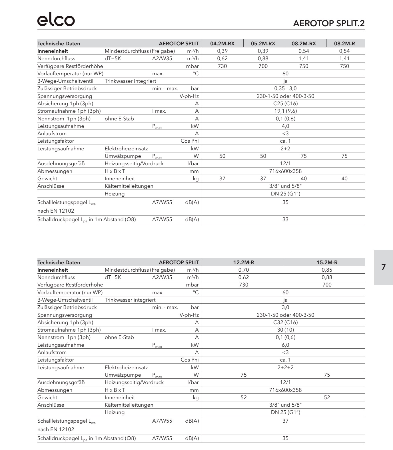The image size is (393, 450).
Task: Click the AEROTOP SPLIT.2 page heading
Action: pyautogui.click(x=329, y=23)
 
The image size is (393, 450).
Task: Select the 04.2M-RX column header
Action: pyautogui.click(x=222, y=44)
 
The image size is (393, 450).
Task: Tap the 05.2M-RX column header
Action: pyautogui.click(x=263, y=44)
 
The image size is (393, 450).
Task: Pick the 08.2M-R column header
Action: pyautogui.click(x=344, y=44)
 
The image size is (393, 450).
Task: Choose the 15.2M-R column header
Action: pyautogui.click(x=327, y=263)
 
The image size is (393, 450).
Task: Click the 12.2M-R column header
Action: pyautogui.click(x=244, y=263)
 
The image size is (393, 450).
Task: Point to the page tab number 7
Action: pyautogui.click(x=383, y=267)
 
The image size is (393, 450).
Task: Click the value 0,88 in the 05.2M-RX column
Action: pyautogui.click(x=263, y=58)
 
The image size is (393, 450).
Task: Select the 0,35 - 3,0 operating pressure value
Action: pyautogui.click(x=285, y=88)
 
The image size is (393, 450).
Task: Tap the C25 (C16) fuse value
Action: pyautogui.click(x=285, y=104)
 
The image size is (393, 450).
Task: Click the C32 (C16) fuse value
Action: pyautogui.click(x=285, y=322)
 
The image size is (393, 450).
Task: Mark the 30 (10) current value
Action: pyautogui.click(x=285, y=330)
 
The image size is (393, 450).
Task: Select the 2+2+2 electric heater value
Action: pyautogui.click(x=285, y=368)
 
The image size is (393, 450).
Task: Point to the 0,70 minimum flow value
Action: pyautogui.click(x=244, y=270)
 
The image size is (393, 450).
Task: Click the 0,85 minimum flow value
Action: pyautogui.click(x=327, y=270)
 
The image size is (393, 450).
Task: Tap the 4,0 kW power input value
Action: pyautogui.click(x=285, y=126)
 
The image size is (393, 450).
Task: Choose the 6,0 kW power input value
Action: pyautogui.click(x=285, y=345)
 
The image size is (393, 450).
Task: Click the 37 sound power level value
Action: pyautogui.click(x=285, y=421)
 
